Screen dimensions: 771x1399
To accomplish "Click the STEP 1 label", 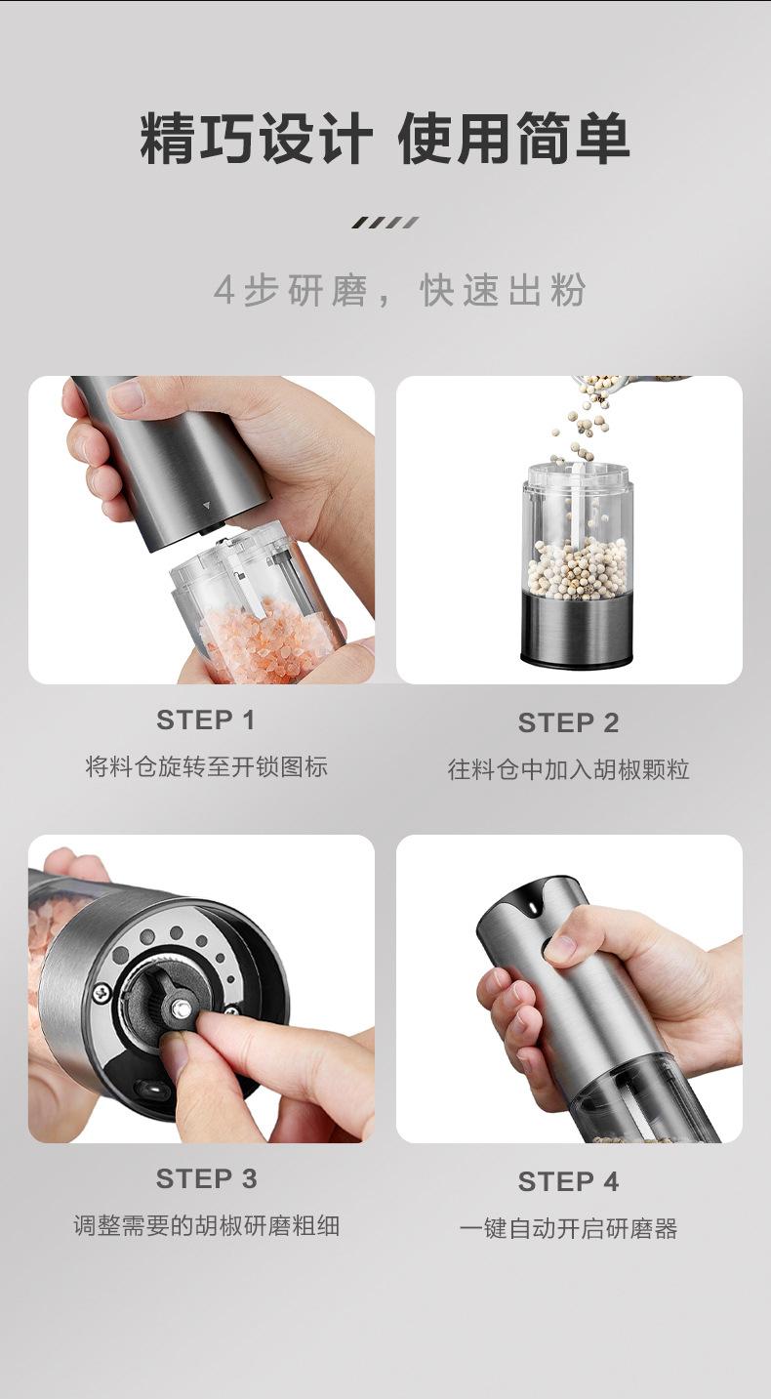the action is click(x=205, y=720).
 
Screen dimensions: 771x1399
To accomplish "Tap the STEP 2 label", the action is click(x=568, y=722).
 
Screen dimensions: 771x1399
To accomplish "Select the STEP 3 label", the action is click(x=206, y=1179).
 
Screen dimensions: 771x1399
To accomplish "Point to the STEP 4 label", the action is click(x=568, y=1181).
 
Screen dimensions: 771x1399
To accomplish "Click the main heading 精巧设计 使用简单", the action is click(x=385, y=138).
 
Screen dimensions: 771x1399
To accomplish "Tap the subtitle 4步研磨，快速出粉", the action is click(x=399, y=290).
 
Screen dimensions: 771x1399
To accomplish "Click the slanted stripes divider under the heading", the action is click(x=385, y=223).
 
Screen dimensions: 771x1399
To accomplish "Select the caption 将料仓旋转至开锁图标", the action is click(x=206, y=766).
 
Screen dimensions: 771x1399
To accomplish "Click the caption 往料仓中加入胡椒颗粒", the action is click(x=568, y=769).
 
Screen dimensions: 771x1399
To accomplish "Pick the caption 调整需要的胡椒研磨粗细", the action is click(x=206, y=1225).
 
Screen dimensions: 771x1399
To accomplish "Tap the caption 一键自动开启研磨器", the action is click(x=568, y=1228).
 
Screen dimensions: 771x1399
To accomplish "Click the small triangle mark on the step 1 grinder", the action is click(x=206, y=505).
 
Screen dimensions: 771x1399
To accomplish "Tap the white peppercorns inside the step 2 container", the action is click(x=576, y=568).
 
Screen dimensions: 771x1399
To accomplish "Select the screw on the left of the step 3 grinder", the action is click(x=102, y=993).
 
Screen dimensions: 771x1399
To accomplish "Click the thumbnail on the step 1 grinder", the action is click(x=129, y=393).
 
